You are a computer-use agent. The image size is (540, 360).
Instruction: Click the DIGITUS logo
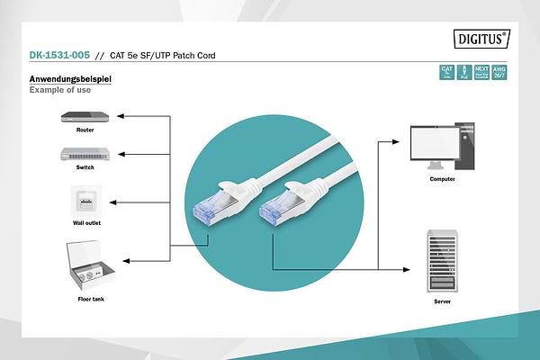[479, 38]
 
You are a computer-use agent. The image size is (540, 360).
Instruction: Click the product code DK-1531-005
[58, 56]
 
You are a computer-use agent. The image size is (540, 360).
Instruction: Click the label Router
[85, 130]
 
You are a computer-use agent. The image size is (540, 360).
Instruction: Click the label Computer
[442, 179]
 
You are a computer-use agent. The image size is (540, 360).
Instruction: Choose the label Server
[442, 302]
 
